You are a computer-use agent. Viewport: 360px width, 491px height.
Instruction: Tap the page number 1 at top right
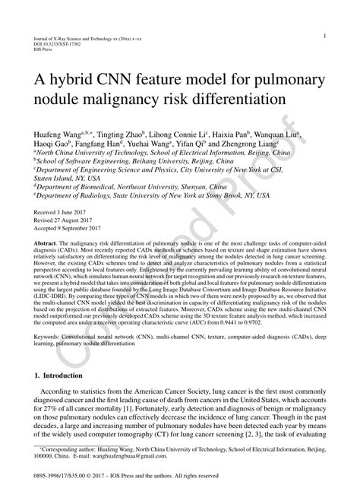coord(324,36)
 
